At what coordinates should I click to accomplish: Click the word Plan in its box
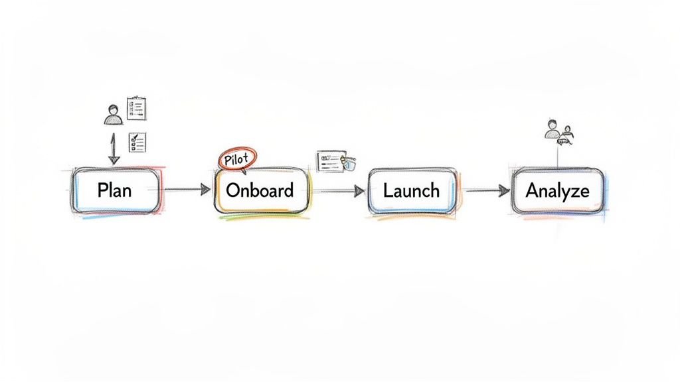pyautogui.click(x=114, y=190)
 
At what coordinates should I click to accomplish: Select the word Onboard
pyautogui.click(x=260, y=190)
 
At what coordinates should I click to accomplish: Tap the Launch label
pyautogui.click(x=411, y=190)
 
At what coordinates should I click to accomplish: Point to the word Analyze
pyautogui.click(x=557, y=190)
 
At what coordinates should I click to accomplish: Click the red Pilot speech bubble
pyautogui.click(x=237, y=160)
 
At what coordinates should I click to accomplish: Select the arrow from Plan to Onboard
pyautogui.click(x=186, y=190)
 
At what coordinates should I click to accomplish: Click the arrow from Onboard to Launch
pyautogui.click(x=339, y=191)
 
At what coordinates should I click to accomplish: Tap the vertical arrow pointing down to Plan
pyautogui.click(x=113, y=149)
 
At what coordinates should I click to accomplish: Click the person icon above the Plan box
pyautogui.click(x=113, y=114)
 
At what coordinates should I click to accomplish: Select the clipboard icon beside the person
pyautogui.click(x=137, y=107)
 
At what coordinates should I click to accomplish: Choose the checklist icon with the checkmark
pyautogui.click(x=137, y=142)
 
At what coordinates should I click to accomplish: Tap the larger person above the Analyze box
pyautogui.click(x=552, y=129)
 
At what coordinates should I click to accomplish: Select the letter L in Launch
pyautogui.click(x=387, y=190)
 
